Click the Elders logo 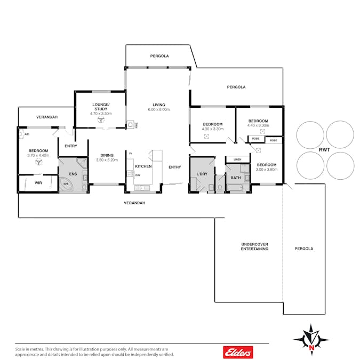click(x=238, y=352)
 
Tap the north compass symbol click(x=311, y=340)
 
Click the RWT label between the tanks click(x=324, y=150)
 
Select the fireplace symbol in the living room click(x=130, y=125)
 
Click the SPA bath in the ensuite click(x=66, y=184)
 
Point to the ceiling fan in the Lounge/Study click(x=101, y=119)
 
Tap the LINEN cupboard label click(x=237, y=159)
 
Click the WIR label click(x=38, y=183)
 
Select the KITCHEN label click(x=143, y=166)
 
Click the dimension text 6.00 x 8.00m click(x=159, y=109)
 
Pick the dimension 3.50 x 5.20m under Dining click(x=107, y=160)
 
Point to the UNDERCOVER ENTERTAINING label click(x=254, y=246)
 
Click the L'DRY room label click(x=202, y=174)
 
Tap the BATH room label click(x=236, y=178)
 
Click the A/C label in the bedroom click(x=27, y=134)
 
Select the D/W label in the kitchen click(x=138, y=175)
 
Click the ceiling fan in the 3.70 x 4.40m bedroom click(x=38, y=162)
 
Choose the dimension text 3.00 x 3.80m click(x=267, y=170)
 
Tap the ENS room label click(x=73, y=174)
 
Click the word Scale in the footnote click(x=20, y=349)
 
